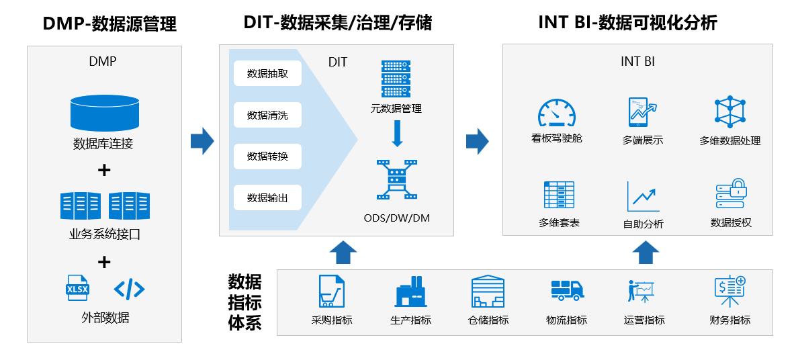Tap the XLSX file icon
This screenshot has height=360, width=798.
pos(77,287)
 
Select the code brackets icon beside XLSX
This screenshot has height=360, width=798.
pos(130,289)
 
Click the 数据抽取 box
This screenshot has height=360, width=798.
pos(267,74)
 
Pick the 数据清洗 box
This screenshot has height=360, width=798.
pos(267,115)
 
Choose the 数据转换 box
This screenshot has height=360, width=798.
pos(267,156)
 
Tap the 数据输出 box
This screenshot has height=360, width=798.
pos(267,197)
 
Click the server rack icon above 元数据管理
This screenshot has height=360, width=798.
pos(396,79)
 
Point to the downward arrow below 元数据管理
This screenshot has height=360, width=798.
pos(396,133)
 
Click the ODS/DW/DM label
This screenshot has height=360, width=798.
pos(396,218)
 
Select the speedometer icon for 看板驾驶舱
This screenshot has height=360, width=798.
pos(557,113)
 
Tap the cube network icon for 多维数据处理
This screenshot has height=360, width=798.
pos(730,112)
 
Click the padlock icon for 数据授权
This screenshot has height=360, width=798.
pos(731,194)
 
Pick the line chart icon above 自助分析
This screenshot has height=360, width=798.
pos(643,196)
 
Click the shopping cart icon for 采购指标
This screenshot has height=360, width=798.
pos(331,291)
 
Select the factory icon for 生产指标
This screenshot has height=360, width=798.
pos(410,291)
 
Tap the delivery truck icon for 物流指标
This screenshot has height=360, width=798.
pos(567,290)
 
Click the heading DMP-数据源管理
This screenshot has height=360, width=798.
pos(109,25)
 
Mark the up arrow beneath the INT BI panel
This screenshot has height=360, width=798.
pos(646,253)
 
